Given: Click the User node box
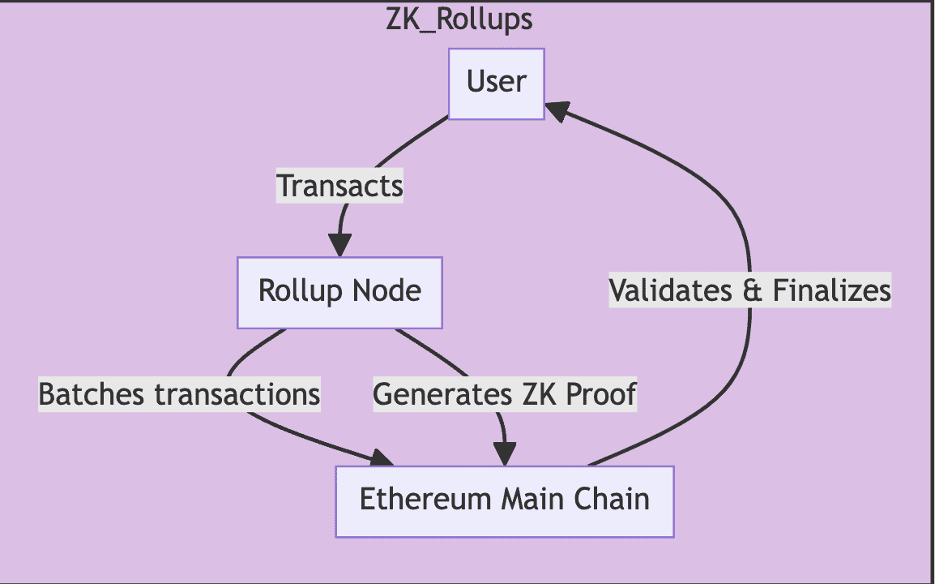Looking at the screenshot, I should (x=496, y=84).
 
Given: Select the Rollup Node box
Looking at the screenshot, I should (x=339, y=292).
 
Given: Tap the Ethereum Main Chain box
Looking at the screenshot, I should (x=504, y=500).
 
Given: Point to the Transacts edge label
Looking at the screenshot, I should (x=339, y=186).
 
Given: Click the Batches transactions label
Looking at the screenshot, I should (x=179, y=394).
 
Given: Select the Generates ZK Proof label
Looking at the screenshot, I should (x=505, y=394).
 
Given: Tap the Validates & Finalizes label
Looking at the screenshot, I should (x=749, y=290).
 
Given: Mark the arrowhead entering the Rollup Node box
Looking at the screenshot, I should (x=339, y=245).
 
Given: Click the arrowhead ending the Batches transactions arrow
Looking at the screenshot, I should (x=382, y=460).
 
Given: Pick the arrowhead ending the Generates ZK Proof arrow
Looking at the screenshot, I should (x=506, y=454).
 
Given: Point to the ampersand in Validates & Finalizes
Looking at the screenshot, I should (x=753, y=290).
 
